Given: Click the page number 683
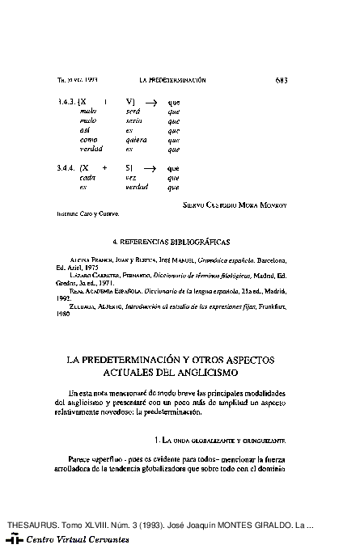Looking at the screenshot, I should point(282,80).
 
